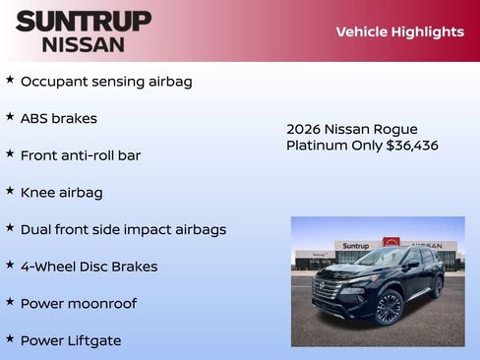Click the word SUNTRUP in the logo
point(84,21)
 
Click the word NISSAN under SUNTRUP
point(84,44)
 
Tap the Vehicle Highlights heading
point(399,31)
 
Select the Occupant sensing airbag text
point(106,81)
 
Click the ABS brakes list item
point(59,118)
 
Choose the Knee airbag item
point(61,193)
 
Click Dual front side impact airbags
point(123,229)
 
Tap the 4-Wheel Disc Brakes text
point(89,267)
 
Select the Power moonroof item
point(79,304)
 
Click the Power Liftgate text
point(71,340)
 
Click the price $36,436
point(412,146)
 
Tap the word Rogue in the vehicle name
point(395,130)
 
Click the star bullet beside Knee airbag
point(10,191)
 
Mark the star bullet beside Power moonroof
point(10,302)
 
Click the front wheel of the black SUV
point(389,308)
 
